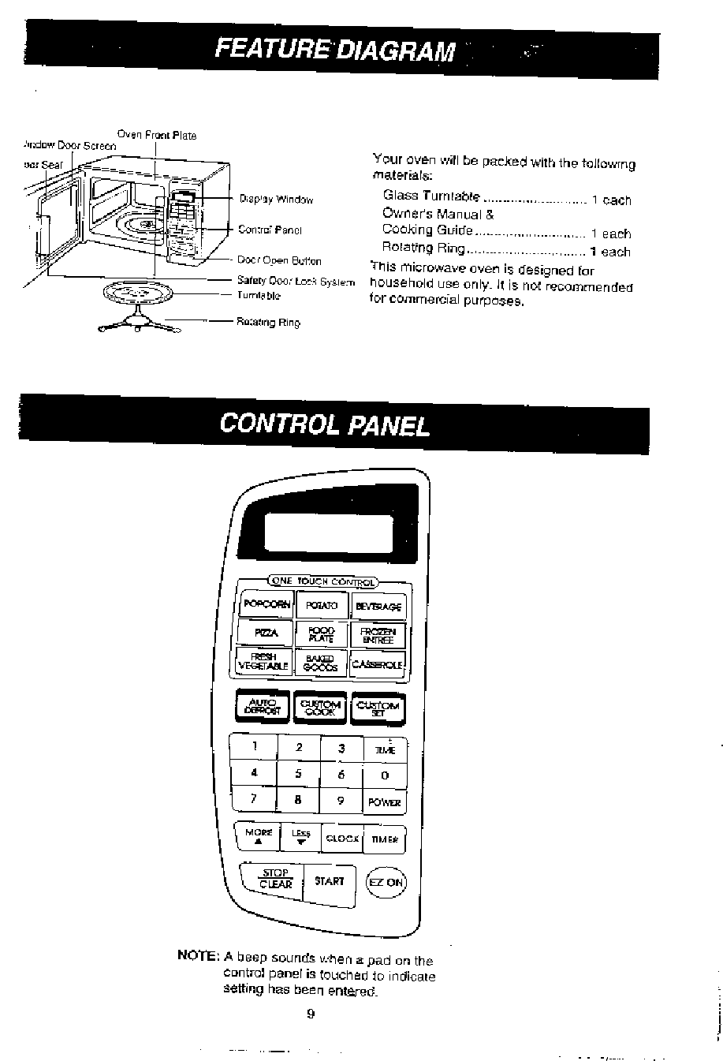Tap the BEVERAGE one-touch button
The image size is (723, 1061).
(x=379, y=607)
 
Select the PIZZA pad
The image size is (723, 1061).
(x=265, y=633)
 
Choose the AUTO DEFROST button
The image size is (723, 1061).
(x=263, y=706)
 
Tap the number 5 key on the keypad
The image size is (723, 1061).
(x=298, y=774)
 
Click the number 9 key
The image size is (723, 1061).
(x=341, y=800)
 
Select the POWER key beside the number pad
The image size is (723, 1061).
(x=384, y=802)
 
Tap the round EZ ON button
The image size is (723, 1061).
(x=386, y=882)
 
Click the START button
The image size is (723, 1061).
(x=329, y=880)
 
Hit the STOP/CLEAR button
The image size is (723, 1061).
(x=276, y=879)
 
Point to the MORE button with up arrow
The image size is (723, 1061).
(x=259, y=836)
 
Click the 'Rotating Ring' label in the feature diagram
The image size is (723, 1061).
(x=268, y=323)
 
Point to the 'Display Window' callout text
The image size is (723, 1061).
(x=276, y=200)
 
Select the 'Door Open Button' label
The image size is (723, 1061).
(x=279, y=260)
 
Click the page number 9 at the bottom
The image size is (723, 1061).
(x=311, y=1014)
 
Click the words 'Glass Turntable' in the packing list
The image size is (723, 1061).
(x=430, y=196)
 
